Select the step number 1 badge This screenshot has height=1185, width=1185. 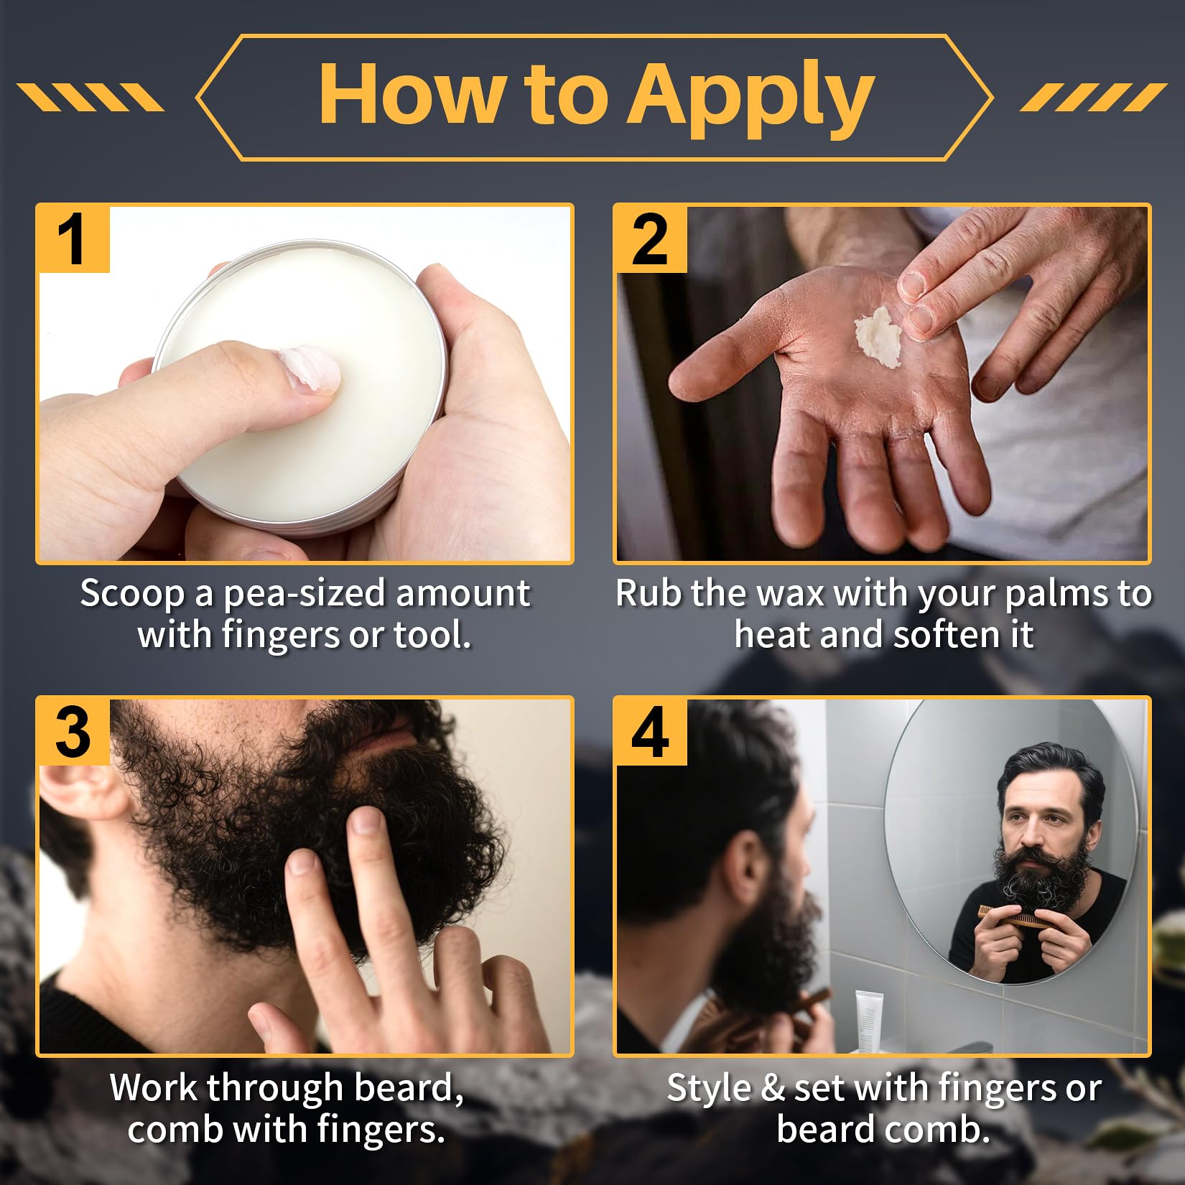[73, 240]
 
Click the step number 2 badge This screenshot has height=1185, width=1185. [650, 240]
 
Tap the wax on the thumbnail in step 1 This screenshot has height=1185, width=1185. [310, 369]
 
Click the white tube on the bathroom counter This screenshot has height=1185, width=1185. [868, 1019]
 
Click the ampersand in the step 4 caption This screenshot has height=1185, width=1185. [772, 1087]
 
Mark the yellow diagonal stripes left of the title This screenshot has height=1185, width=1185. [90, 97]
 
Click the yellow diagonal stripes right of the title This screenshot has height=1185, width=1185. [1093, 97]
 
